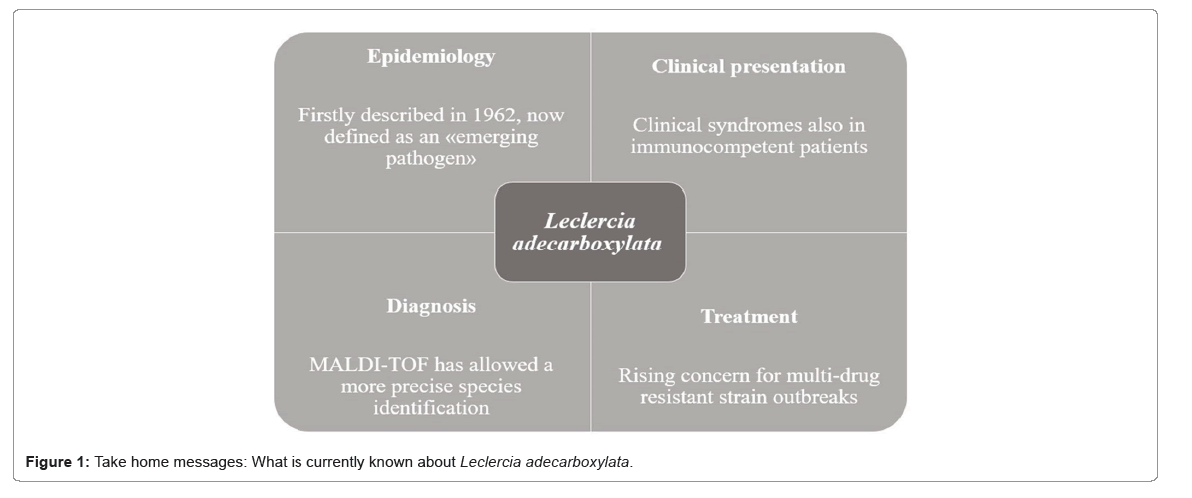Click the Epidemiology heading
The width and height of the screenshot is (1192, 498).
click(x=431, y=57)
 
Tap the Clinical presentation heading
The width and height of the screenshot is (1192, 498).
click(x=748, y=67)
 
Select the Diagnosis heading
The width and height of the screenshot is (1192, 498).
click(x=431, y=306)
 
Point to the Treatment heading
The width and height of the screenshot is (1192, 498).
click(x=749, y=317)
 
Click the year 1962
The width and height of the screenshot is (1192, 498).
click(x=495, y=115)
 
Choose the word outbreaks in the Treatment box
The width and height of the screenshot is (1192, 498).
click(x=814, y=397)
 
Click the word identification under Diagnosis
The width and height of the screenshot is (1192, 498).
click(x=431, y=408)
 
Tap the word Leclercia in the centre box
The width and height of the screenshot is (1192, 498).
click(x=590, y=222)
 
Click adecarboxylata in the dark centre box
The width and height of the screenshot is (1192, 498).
click(x=587, y=245)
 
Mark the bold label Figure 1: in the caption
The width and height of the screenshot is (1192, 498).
click(x=58, y=462)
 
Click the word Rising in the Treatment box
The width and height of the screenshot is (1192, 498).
click(x=642, y=376)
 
